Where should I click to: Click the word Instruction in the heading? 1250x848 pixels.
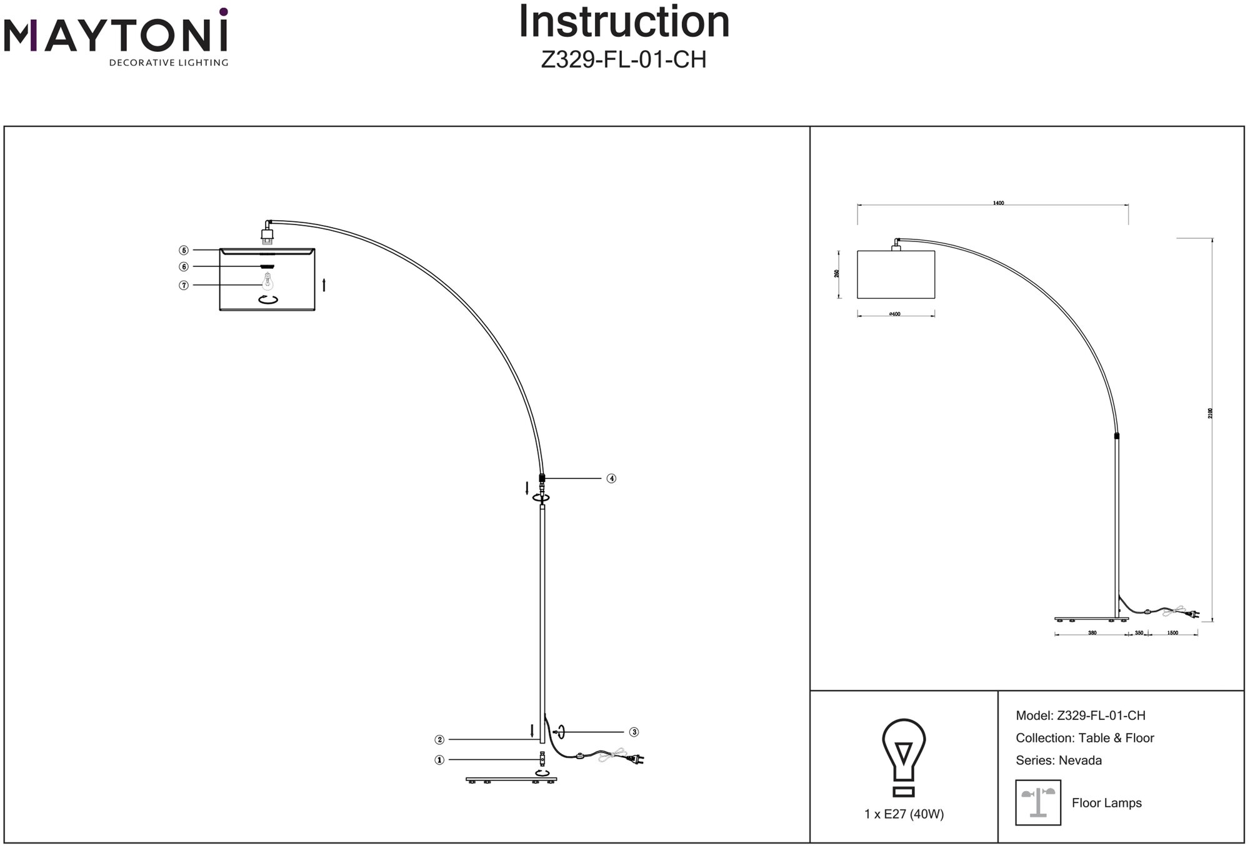(624, 23)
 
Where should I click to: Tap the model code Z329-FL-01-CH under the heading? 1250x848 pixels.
(624, 60)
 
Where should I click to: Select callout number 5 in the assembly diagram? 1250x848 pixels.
(184, 250)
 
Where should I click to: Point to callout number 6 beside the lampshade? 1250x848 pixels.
(184, 267)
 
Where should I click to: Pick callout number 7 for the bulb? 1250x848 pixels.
(184, 285)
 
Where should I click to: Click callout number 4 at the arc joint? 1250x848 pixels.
(611, 478)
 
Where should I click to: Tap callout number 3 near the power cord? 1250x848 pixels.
(634, 732)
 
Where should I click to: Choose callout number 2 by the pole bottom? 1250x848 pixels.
(439, 740)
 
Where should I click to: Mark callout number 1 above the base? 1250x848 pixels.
(439, 760)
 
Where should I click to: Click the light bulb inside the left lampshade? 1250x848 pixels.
(268, 281)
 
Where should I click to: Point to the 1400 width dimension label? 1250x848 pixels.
(998, 203)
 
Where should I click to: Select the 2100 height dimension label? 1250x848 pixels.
(1210, 413)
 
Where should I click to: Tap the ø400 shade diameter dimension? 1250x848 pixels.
(894, 314)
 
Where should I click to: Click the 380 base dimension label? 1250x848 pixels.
(1092, 633)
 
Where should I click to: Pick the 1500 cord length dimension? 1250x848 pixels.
(1172, 633)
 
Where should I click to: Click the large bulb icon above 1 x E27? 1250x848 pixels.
(904, 757)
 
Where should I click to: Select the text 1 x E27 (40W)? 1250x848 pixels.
(904, 814)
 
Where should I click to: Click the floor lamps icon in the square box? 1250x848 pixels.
(1038, 802)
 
